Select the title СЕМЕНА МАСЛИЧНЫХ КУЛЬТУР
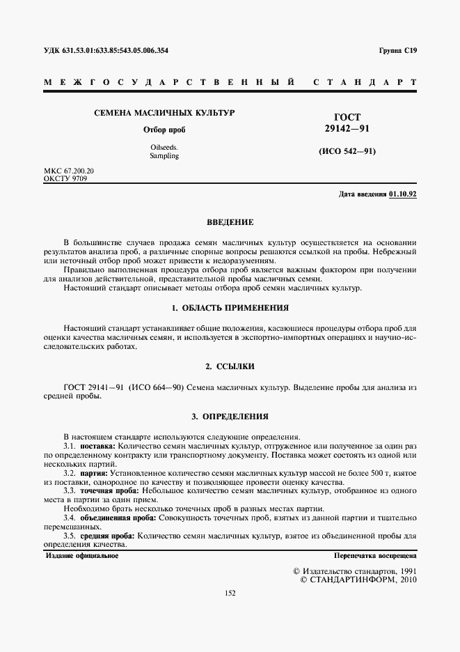pos(164,112)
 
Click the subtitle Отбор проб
pos(164,130)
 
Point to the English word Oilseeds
pos(164,147)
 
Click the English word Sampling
pos(164,156)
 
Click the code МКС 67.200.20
pos(69,171)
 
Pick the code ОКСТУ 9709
pos(66,178)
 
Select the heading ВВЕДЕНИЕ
pos(230,222)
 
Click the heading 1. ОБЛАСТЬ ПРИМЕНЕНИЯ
pos(230,307)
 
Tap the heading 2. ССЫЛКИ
pos(230,366)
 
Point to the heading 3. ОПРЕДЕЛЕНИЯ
pos(230,417)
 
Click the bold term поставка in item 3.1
pos(98,445)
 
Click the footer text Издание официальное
pos(82,556)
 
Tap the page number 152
pos(230,593)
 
